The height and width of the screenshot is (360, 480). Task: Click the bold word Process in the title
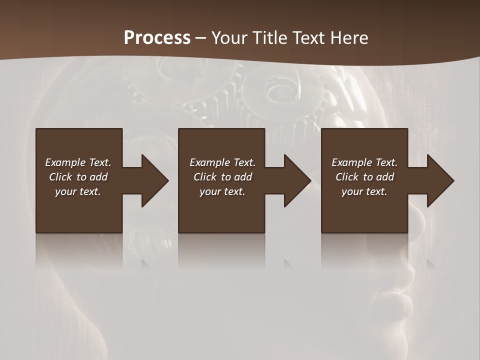click(157, 38)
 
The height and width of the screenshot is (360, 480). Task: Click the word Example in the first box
click(65, 162)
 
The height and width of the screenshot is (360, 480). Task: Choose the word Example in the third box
click(352, 162)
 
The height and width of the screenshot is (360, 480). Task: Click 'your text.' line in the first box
click(78, 191)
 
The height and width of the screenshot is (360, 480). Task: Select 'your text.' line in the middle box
click(222, 191)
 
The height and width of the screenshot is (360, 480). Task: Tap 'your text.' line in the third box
click(364, 191)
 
